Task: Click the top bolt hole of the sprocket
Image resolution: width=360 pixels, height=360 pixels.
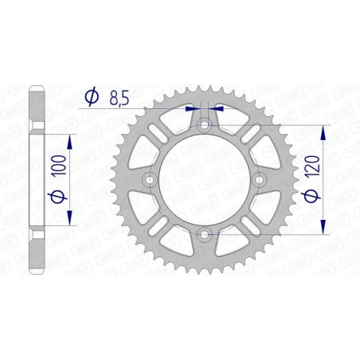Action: click(x=205, y=125)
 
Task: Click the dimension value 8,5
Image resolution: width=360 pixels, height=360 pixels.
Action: click(x=119, y=96)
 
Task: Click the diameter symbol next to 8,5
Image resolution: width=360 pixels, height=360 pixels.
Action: click(x=91, y=96)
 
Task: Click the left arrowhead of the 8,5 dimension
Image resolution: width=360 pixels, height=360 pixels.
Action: click(x=190, y=109)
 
